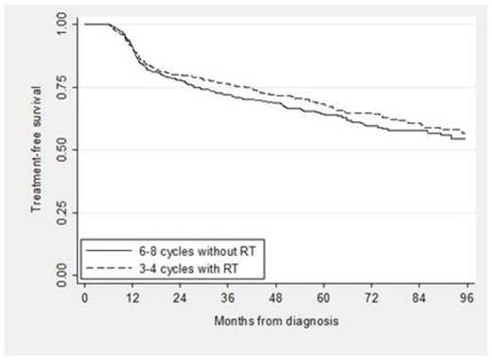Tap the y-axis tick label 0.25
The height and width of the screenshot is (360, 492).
coord(58,213)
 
